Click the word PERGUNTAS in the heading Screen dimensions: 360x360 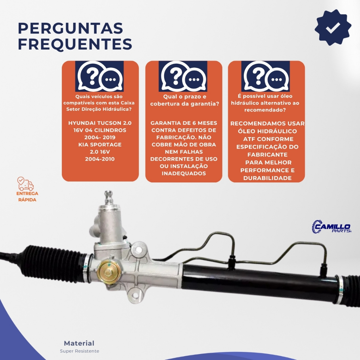(x=70, y=28)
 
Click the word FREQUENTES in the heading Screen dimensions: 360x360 (x=75, y=44)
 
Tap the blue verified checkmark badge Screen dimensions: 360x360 (x=333, y=27)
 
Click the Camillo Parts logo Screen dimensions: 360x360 (x=332, y=227)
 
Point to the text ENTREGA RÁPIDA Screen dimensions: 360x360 (x=27, y=197)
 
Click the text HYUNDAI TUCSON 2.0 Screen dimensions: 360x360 (x=100, y=123)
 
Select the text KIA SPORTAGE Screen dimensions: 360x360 (x=100, y=144)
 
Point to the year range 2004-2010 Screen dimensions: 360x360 (x=100, y=159)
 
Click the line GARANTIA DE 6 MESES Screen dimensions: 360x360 (x=184, y=123)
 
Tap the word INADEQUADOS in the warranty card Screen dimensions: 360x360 (x=184, y=173)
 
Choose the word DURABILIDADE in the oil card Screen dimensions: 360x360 (x=268, y=178)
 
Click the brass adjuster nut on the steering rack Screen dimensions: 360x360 (x=108, y=272)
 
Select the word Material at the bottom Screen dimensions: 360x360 (x=79, y=343)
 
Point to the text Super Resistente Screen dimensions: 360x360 (x=79, y=351)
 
